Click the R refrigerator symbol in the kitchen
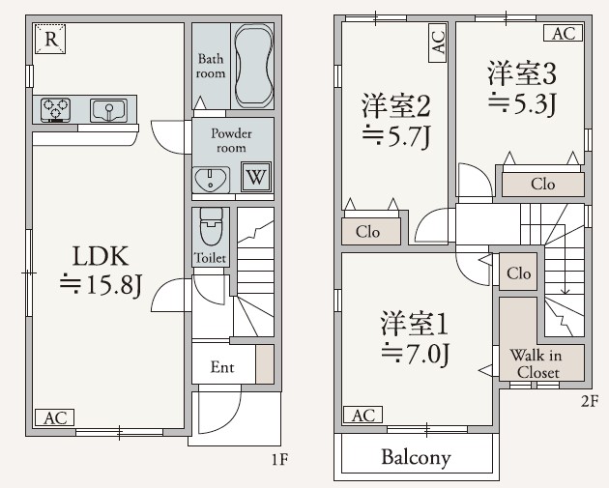coord(50,40)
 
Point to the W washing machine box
coord(255,177)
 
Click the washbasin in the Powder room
coord(210,178)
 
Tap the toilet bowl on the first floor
coord(210,228)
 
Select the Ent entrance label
coord(222,367)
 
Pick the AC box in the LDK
coord(54,417)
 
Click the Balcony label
coord(415,457)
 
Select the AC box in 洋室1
coord(362,416)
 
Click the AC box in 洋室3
coord(564,33)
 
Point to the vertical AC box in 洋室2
coord(438,42)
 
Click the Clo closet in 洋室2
coord(367,232)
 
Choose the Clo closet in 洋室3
coord(542,184)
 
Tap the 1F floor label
coord(279,460)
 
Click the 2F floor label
coord(589,398)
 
